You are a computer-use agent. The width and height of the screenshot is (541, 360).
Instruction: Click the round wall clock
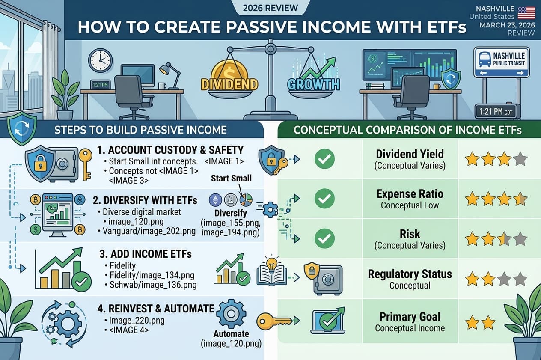click(100, 60)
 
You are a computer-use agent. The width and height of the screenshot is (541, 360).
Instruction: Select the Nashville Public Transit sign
click(501, 62)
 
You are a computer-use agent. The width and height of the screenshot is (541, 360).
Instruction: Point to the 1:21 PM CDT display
click(497, 111)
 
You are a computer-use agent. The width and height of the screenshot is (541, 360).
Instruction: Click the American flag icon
click(526, 12)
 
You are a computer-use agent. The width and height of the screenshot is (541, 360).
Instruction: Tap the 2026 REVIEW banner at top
click(270, 8)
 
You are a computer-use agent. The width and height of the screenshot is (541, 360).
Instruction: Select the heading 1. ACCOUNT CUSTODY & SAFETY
click(176, 150)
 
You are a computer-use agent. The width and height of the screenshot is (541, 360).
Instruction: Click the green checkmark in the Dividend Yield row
click(324, 159)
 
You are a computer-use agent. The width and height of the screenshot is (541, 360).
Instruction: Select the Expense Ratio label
click(410, 194)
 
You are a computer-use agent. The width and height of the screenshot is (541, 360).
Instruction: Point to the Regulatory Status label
click(410, 274)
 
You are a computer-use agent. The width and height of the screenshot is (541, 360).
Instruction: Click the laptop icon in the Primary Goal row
click(328, 322)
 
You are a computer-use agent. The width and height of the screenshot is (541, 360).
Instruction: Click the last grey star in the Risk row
click(520, 239)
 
